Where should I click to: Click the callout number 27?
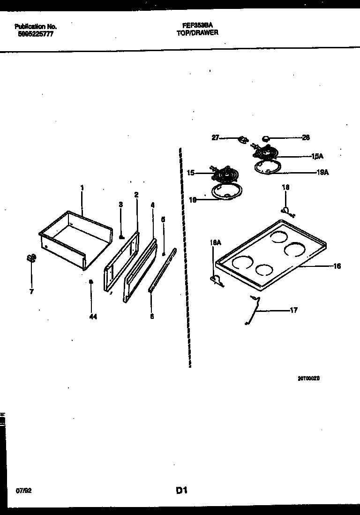coord(215,138)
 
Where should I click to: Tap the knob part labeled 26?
coord(266,138)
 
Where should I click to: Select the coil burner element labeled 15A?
coord(265,152)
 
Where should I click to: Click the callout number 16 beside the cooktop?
coord(337,266)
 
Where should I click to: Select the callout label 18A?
coord(215,242)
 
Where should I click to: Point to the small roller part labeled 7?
coord(31,258)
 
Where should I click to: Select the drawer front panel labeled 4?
coord(141,271)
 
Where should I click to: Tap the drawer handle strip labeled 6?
coord(162,271)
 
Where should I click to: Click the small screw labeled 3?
coord(121,237)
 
